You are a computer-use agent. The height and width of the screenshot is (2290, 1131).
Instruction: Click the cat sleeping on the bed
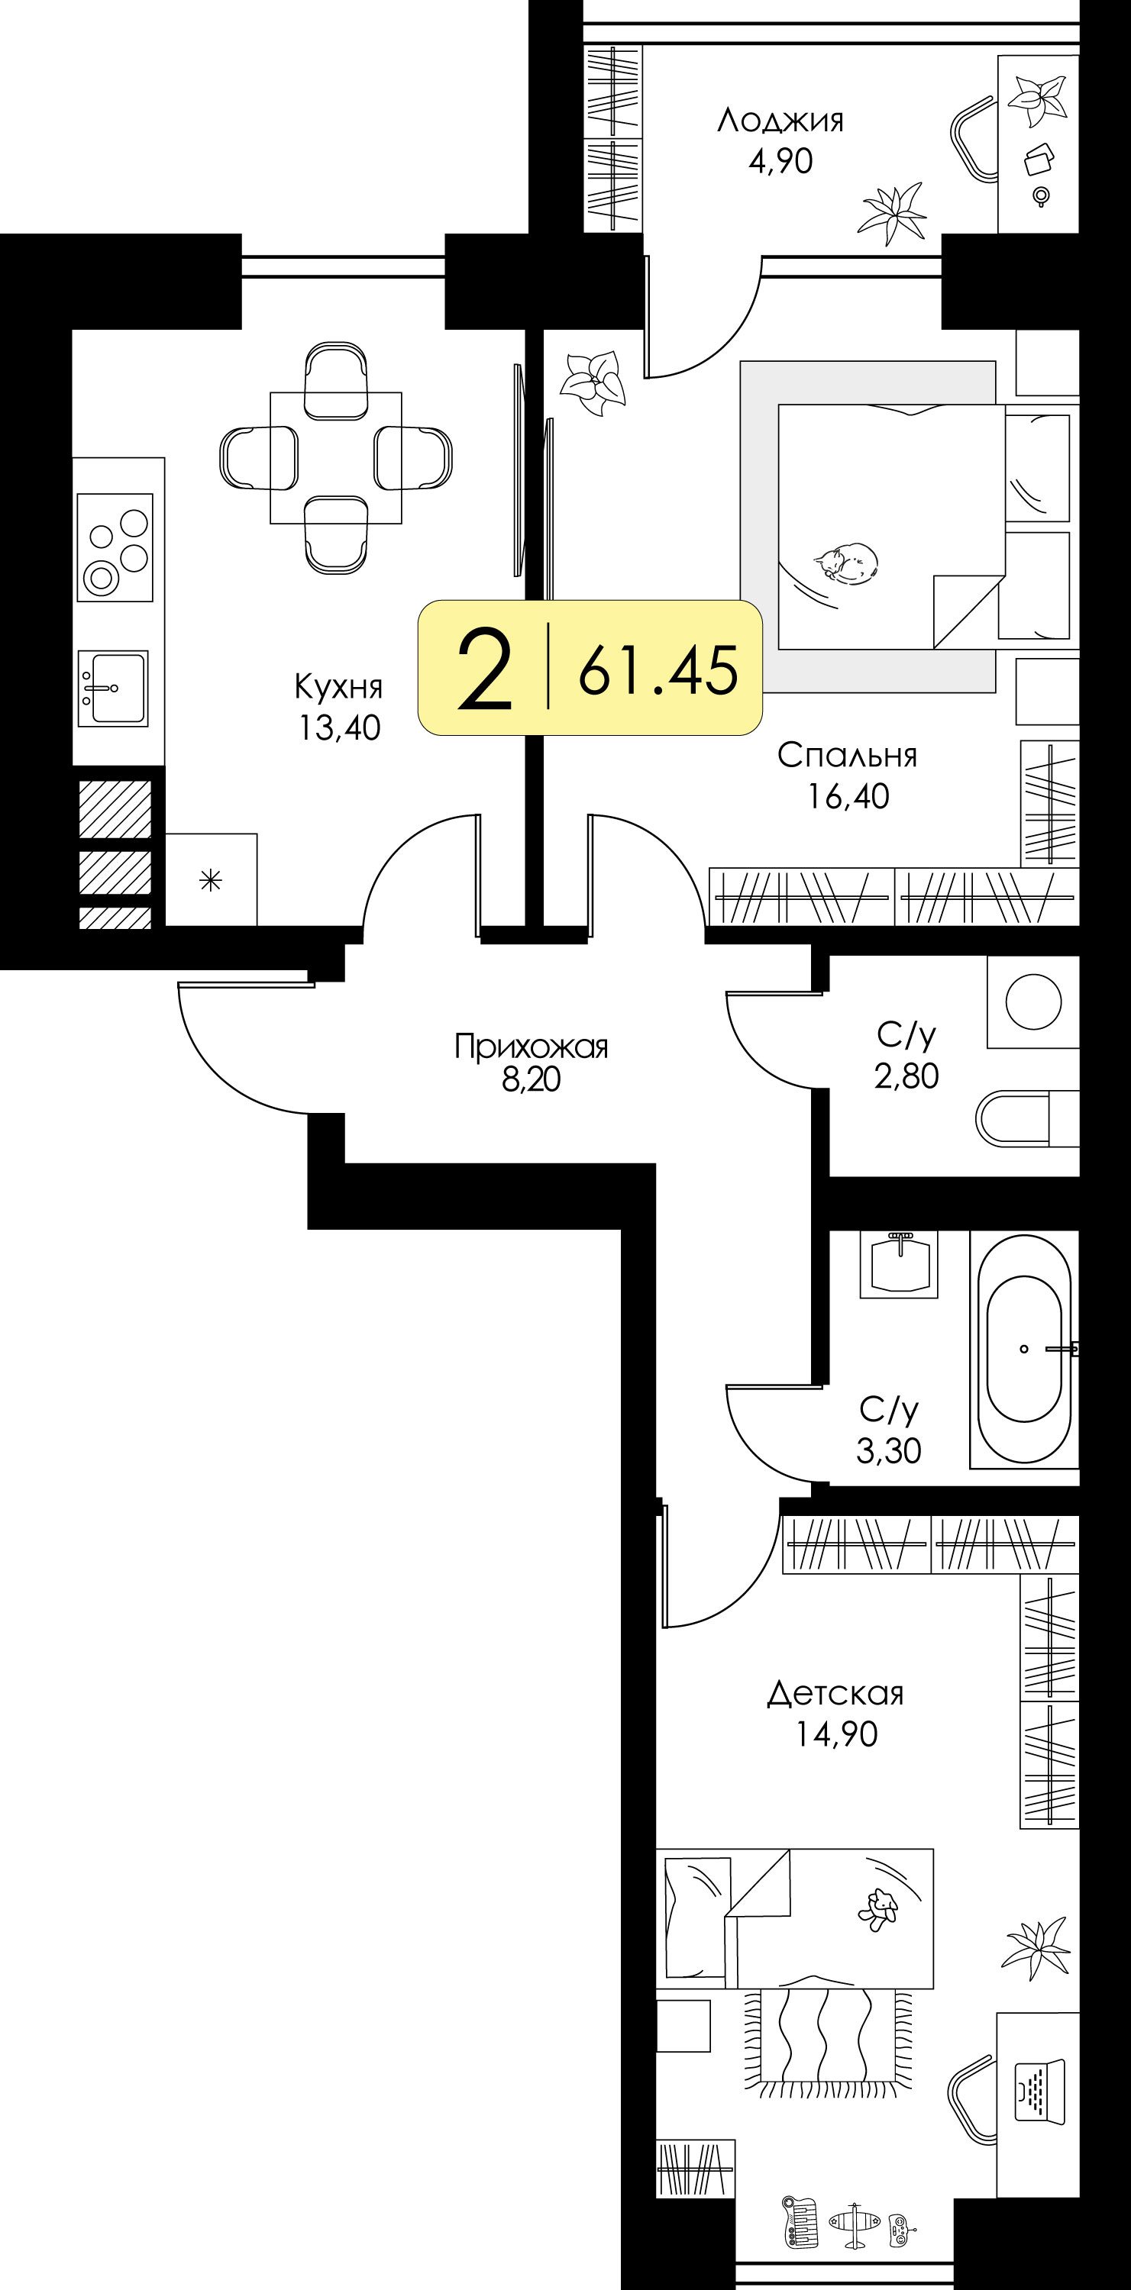click(x=845, y=563)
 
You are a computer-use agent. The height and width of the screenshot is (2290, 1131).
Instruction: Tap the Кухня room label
click(x=339, y=686)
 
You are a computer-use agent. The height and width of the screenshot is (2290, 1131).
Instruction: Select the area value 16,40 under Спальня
click(x=848, y=796)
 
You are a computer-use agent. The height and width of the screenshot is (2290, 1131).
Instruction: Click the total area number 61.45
click(x=658, y=669)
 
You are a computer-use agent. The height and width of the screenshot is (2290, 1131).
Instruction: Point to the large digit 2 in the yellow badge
click(x=485, y=669)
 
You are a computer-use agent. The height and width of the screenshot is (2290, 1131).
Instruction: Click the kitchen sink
click(x=113, y=688)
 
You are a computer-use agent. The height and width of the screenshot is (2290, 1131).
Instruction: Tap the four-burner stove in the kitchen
click(x=115, y=547)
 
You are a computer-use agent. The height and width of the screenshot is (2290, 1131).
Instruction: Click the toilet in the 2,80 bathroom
click(x=1027, y=1118)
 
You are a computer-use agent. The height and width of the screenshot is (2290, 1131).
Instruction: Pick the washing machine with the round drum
click(x=1033, y=1001)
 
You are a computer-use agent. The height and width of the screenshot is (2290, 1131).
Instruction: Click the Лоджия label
click(x=780, y=120)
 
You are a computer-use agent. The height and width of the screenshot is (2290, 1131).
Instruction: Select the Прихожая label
click(x=531, y=1047)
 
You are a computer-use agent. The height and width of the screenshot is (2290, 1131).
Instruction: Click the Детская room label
click(x=835, y=1694)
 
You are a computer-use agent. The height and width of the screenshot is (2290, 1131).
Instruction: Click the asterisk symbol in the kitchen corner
click(x=211, y=881)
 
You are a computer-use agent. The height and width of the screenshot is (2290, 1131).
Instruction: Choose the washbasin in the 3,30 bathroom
click(x=899, y=1264)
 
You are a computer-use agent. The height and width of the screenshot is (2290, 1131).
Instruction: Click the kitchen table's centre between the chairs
click(x=336, y=458)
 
